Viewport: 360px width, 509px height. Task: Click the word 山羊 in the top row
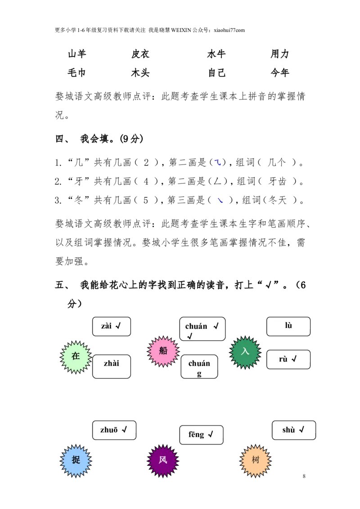click(x=77, y=54)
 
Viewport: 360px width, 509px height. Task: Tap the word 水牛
click(x=216, y=54)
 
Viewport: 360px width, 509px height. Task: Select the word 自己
click(x=217, y=73)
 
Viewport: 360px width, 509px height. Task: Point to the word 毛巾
click(x=76, y=73)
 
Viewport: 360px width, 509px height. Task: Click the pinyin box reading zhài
click(x=112, y=366)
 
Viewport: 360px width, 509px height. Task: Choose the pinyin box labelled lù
click(x=288, y=326)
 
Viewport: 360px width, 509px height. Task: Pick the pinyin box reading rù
click(x=288, y=359)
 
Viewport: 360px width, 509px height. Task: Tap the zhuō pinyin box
click(x=114, y=430)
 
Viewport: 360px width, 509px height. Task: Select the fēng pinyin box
click(x=202, y=435)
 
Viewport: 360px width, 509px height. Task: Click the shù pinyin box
click(x=294, y=430)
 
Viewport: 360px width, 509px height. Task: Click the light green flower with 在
click(x=76, y=357)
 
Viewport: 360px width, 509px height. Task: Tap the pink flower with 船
click(x=163, y=352)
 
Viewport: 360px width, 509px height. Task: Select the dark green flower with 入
click(x=245, y=352)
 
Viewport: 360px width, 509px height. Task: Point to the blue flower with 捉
click(x=76, y=460)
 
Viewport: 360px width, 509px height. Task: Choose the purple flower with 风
click(x=163, y=460)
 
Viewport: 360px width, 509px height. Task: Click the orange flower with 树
click(x=256, y=460)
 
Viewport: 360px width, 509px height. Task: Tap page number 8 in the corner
click(x=304, y=476)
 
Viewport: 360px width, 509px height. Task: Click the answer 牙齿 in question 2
click(x=278, y=182)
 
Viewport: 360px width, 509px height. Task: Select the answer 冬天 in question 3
click(x=278, y=200)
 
